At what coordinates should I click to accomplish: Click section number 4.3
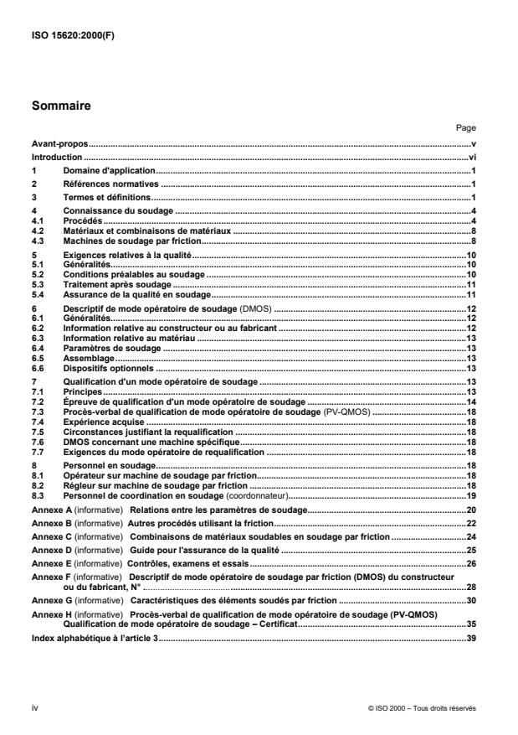pos(38,241)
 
